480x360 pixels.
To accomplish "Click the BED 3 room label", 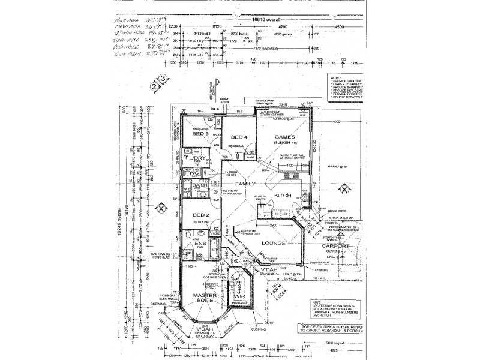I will [x=200, y=134].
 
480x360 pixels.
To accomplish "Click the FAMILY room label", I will [x=245, y=184].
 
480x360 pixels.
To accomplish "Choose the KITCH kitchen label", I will [x=283, y=196].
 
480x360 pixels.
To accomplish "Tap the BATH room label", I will [x=200, y=187].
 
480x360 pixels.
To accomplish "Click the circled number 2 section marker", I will [x=154, y=86].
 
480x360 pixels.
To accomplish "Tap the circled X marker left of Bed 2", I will [x=161, y=208].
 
